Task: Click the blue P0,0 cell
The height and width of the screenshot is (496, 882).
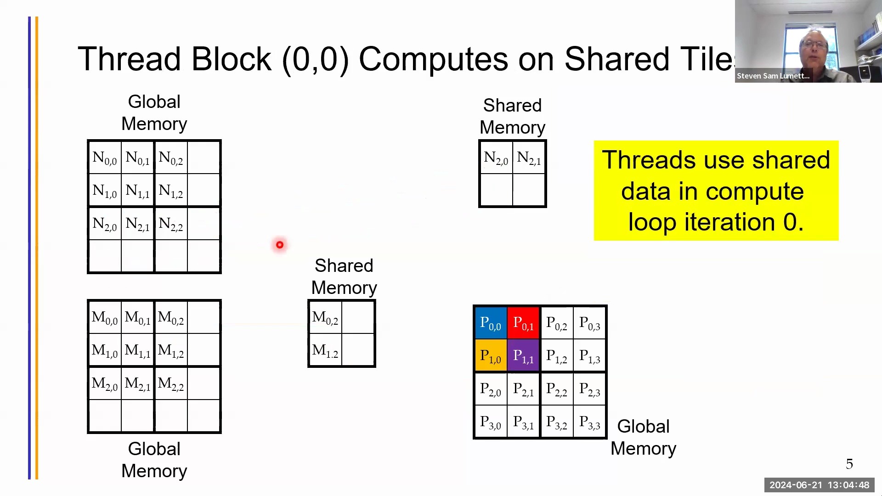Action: [490, 323]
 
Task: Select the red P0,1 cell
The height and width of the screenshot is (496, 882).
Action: [523, 323]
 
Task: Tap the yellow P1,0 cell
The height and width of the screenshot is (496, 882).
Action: [490, 356]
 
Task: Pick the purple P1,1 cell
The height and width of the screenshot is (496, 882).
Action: [523, 356]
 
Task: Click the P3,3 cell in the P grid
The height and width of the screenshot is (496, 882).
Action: [589, 422]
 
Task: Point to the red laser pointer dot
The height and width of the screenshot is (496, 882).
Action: [280, 245]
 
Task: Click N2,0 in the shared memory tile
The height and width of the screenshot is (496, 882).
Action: [496, 158]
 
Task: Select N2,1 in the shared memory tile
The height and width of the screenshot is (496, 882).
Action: [529, 158]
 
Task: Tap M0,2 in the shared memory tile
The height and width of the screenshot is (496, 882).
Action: [325, 317]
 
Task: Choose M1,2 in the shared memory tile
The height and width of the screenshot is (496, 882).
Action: [325, 350]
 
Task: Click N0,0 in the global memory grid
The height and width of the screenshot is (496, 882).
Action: [105, 158]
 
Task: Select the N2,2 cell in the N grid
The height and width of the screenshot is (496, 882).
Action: [171, 224]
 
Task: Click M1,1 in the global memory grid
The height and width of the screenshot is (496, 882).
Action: [137, 350]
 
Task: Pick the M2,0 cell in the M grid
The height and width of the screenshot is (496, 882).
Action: [105, 383]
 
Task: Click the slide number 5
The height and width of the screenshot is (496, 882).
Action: [849, 464]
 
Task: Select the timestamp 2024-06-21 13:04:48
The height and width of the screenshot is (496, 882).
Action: [819, 485]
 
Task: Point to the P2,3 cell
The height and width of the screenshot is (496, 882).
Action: [589, 389]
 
